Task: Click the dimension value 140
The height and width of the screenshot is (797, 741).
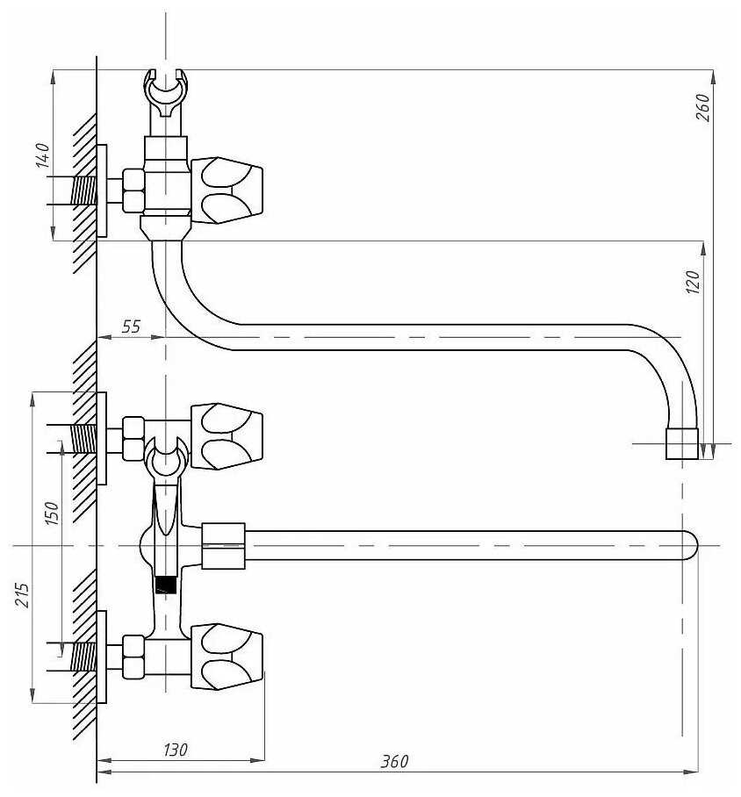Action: [43, 155]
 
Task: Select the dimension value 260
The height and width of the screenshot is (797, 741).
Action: [702, 107]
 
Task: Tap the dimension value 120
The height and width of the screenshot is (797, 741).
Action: [693, 282]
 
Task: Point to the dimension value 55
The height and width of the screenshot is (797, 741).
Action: [130, 327]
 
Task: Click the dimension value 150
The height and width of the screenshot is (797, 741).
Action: [53, 513]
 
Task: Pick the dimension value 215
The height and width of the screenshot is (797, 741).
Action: [22, 595]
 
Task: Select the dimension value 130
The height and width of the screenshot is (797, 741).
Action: [175, 750]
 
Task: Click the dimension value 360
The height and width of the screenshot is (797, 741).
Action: [394, 761]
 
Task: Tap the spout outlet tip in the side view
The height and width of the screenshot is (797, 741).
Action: [682, 444]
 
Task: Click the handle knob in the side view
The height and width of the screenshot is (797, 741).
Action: [227, 190]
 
